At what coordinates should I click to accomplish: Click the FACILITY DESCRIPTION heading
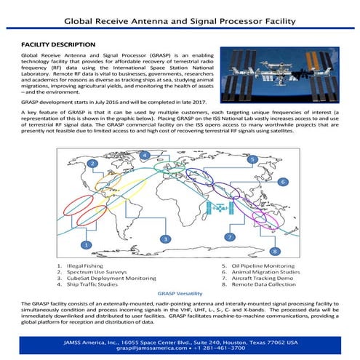(58, 44)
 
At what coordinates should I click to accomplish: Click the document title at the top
(180, 21)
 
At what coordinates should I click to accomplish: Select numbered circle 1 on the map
(87, 244)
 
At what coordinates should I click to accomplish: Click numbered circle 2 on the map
(92, 164)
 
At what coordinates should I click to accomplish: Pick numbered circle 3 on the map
(165, 239)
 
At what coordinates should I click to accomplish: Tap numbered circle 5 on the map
(251, 159)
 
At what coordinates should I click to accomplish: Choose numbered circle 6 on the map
(281, 181)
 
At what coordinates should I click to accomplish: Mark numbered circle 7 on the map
(228, 237)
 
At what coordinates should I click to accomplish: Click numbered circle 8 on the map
(274, 251)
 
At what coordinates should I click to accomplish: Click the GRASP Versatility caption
(180, 294)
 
